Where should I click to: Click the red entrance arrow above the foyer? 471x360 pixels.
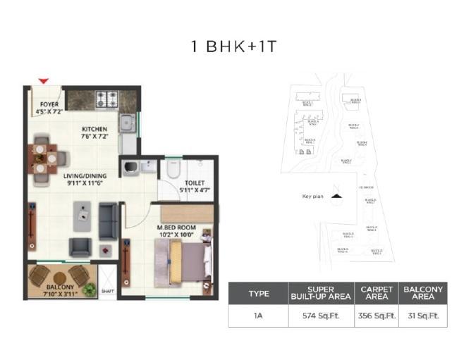coord(44,81)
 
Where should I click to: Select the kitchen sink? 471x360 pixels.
coord(127,123)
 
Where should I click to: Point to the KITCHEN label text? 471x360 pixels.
coord(94,129)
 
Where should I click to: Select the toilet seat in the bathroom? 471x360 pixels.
coord(173,170)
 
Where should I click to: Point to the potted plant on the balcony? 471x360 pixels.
coord(89,288)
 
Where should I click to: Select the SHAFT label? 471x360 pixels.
coord(108,290)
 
